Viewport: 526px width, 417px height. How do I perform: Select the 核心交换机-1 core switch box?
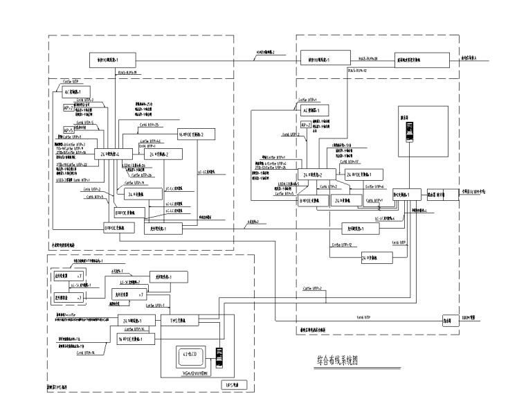[x=406, y=195]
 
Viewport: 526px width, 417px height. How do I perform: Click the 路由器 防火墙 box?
[x=441, y=195]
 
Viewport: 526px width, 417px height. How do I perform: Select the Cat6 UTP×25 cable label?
[x=149, y=125]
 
